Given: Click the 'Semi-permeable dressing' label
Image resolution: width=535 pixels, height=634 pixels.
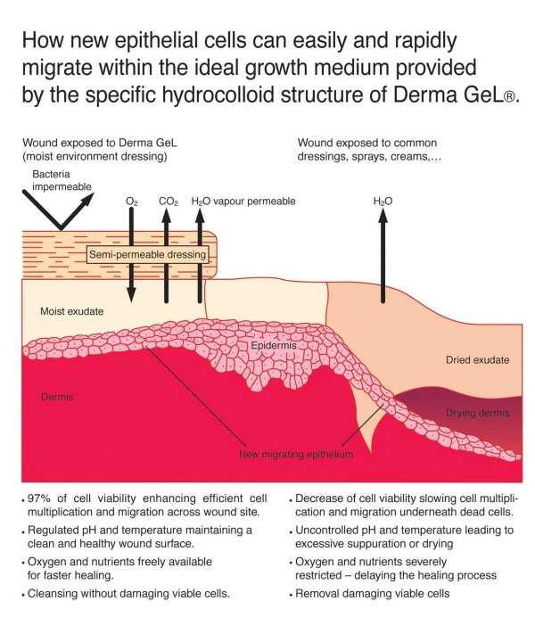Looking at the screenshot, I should [147, 255].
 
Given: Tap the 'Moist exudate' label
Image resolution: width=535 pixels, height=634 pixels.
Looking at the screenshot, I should [72, 311].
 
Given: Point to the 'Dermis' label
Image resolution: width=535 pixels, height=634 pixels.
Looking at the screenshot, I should [57, 395].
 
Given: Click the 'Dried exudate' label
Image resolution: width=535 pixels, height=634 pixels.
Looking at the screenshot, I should [477, 359].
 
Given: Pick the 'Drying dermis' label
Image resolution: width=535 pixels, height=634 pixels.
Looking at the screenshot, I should [477, 413].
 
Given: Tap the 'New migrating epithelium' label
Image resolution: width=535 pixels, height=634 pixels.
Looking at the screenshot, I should [296, 455].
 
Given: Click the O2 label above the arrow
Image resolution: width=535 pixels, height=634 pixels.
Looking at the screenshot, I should [132, 202].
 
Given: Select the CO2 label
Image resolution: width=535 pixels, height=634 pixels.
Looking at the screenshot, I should [169, 202].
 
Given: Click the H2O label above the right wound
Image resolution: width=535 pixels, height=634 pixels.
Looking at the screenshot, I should [383, 202].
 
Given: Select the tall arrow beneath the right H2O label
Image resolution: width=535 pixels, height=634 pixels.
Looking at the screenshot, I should [383, 259].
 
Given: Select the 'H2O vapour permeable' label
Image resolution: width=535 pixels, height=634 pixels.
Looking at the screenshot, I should [243, 202].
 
